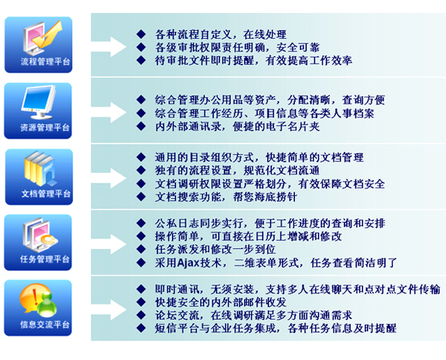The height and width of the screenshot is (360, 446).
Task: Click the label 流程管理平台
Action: pyautogui.click(x=45, y=61)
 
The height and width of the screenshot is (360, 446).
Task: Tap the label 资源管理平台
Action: pyautogui.click(x=45, y=127)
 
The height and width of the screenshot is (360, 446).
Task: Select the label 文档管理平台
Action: pyautogui.click(x=46, y=194)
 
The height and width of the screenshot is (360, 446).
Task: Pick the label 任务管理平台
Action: pyautogui.click(x=45, y=259)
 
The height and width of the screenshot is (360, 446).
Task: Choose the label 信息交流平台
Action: pyautogui.click(x=45, y=325)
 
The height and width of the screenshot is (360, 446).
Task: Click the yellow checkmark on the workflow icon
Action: pyautogui.click(x=47, y=35)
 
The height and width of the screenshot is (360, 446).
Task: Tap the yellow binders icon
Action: pyautogui.click(x=39, y=168)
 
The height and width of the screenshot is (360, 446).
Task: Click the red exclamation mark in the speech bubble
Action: pyautogui.click(x=35, y=297)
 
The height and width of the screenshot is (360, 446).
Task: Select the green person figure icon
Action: pyautogui.click(x=47, y=305)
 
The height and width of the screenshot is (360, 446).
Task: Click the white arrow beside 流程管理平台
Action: pyautogui.click(x=109, y=47)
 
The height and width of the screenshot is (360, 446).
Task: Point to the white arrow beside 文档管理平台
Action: pyautogui.click(x=109, y=179)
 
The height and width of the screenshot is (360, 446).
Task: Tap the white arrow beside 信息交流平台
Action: pyautogui.click(x=109, y=310)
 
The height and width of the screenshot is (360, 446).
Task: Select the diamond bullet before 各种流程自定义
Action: pyautogui.click(x=141, y=35)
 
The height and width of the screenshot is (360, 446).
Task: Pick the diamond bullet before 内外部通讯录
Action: pyautogui.click(x=141, y=126)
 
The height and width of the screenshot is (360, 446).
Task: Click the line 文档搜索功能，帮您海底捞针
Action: pyautogui.click(x=226, y=197)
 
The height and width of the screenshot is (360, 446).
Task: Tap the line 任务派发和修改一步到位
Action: pyautogui.click(x=215, y=249)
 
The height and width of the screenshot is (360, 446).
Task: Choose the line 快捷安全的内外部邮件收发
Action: pyautogui.click(x=221, y=302)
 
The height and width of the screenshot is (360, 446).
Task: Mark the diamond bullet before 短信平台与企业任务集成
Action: pyautogui.click(x=141, y=328)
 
